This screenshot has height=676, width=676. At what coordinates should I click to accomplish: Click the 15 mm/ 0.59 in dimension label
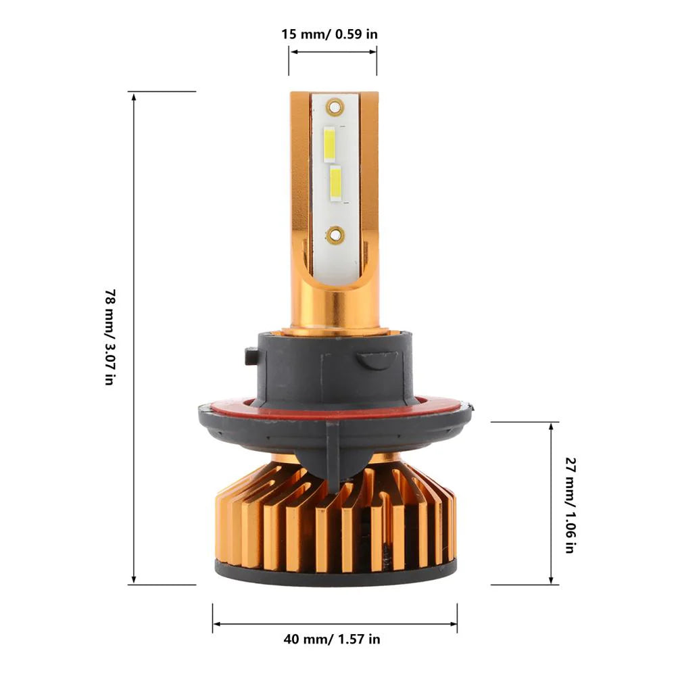329,34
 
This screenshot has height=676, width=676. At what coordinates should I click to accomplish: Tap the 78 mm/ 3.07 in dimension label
111,337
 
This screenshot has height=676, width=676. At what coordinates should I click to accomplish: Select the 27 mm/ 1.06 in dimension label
571,505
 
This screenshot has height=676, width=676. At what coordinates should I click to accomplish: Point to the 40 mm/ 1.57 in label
332,639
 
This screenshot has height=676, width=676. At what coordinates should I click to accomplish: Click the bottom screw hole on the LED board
335,235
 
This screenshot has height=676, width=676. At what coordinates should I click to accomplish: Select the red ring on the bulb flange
335,404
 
